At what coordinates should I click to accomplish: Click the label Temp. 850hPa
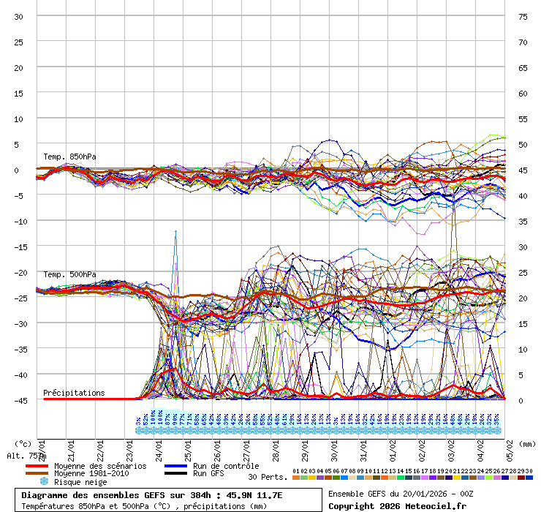[69, 157]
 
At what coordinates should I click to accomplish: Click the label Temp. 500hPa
[69, 274]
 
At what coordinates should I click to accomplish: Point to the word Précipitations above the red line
[74, 393]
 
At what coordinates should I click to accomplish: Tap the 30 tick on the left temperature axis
[19, 16]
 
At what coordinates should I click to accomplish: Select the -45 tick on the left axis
[19, 400]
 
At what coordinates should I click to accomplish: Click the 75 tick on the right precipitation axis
[523, 16]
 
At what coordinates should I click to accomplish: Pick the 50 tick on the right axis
[523, 144]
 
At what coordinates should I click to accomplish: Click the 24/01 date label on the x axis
[159, 445]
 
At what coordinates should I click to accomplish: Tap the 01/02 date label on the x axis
[393, 445]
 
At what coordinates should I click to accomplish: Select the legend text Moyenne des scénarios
[100, 466]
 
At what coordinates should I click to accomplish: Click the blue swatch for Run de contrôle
[177, 466]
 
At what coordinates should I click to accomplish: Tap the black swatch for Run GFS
[177, 474]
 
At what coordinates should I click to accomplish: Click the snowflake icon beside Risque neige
[44, 482]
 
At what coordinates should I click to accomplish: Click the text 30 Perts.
[266, 477]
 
